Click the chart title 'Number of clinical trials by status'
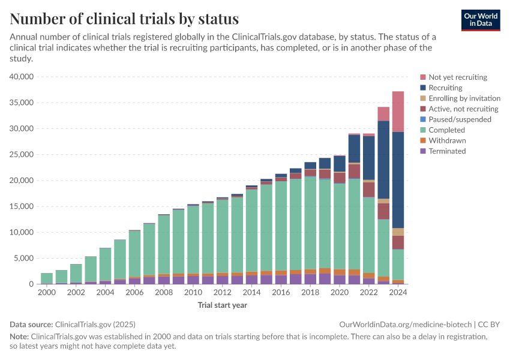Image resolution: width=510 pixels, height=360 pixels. click(124, 19)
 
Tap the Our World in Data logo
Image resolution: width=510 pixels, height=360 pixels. click(480, 20)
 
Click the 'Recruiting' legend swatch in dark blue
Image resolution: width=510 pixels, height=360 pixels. click(423, 88)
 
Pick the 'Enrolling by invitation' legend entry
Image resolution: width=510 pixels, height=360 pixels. click(464, 98)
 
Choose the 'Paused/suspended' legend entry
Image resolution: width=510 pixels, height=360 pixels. click(460, 119)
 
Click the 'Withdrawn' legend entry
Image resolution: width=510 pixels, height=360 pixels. click(446, 140)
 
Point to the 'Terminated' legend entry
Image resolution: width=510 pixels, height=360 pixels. click(447, 151)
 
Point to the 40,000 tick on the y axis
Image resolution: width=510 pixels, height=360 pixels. click(23, 77)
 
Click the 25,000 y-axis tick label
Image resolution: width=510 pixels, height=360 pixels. click(23, 155)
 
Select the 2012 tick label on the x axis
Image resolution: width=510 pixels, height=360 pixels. click(223, 292)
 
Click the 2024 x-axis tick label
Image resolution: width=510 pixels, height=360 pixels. click(398, 292)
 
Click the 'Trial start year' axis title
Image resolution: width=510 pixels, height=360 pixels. click(222, 305)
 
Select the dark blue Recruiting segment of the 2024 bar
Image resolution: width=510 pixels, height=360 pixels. click(398, 180)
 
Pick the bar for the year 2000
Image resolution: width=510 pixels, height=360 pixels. click(47, 278)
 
